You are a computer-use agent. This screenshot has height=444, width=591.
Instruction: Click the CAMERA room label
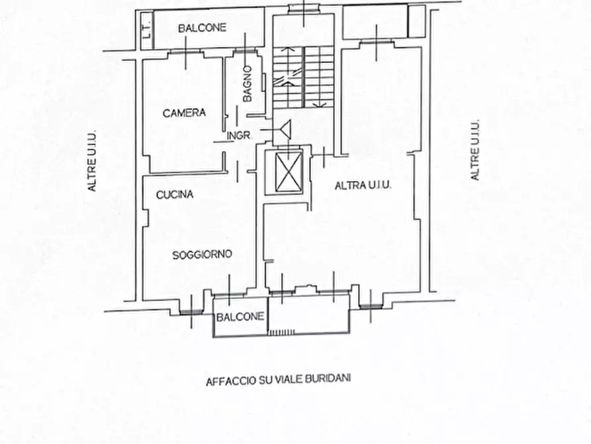[184, 113]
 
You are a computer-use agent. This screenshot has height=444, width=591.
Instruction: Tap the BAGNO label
[248, 83]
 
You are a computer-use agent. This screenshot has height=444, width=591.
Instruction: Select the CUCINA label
[175, 194]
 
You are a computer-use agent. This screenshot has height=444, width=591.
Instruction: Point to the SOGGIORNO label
[202, 255]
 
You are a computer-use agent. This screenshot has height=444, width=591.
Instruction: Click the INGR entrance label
[239, 136]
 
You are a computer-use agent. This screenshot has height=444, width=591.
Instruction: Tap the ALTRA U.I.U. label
[363, 186]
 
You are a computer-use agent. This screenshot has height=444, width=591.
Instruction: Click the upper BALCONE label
[202, 28]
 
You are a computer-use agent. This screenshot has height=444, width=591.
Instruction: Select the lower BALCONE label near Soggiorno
[240, 317]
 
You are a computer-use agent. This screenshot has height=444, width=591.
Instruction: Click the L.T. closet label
[148, 28]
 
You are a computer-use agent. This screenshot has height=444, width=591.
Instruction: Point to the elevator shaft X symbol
[289, 172]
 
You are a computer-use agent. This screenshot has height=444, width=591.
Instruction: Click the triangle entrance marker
[286, 129]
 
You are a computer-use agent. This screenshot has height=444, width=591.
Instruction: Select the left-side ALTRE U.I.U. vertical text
[93, 161]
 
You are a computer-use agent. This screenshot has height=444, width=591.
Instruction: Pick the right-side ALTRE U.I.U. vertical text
[475, 150]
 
